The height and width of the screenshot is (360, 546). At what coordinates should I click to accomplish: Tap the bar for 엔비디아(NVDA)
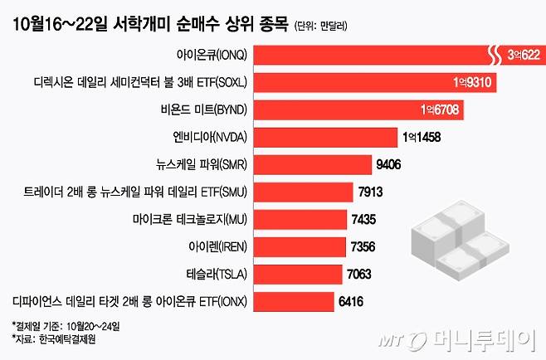coord(324,137)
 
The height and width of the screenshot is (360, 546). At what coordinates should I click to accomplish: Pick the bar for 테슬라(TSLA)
coord(297,273)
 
